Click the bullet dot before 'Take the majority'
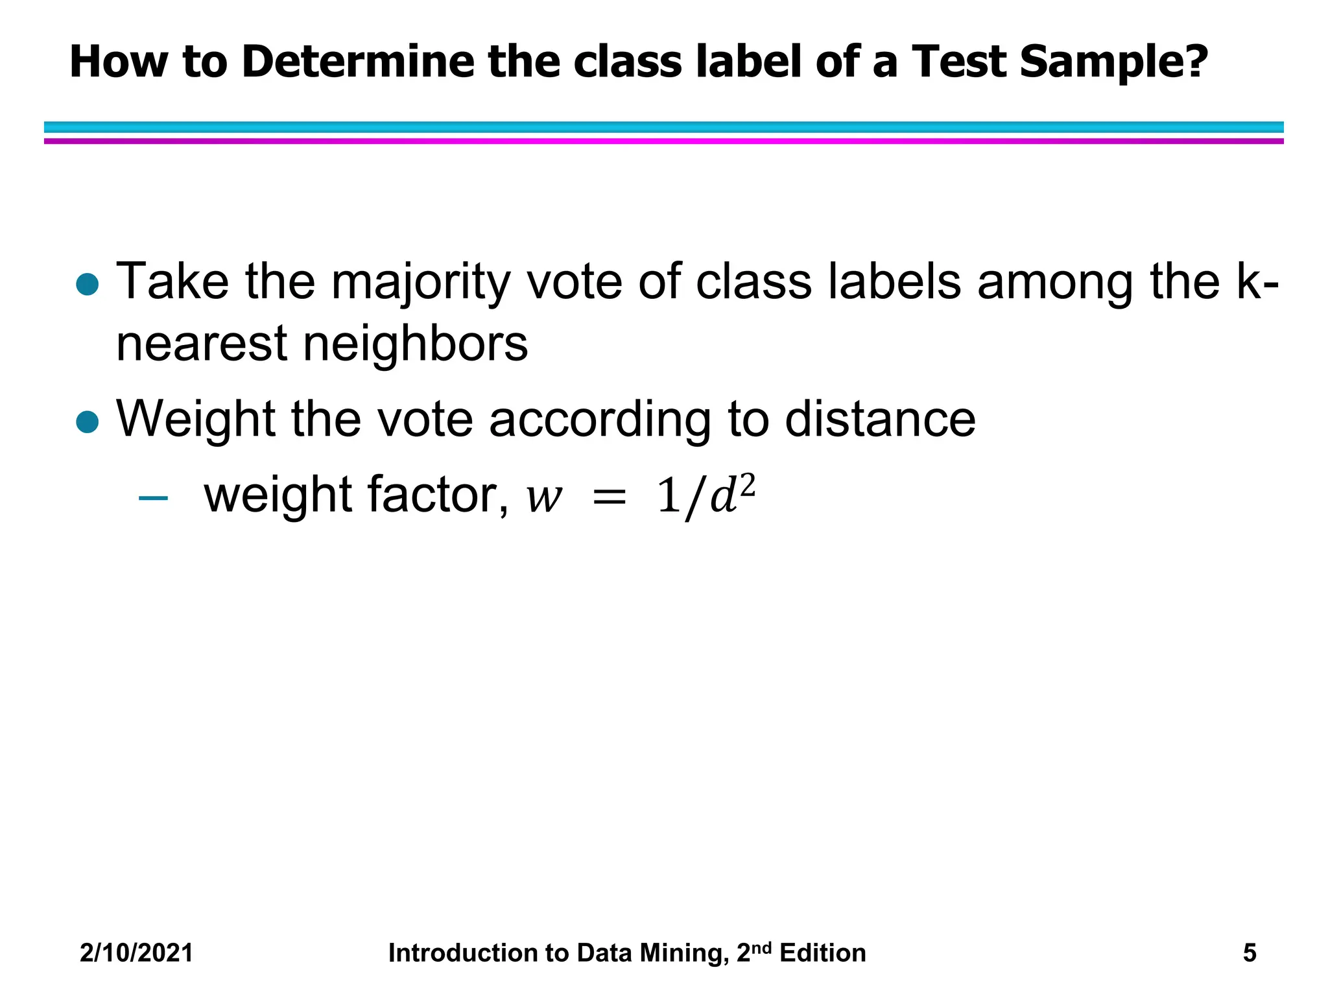(x=87, y=284)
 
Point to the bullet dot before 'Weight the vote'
(x=87, y=421)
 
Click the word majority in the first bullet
(x=421, y=284)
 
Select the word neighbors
(x=416, y=344)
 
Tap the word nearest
(x=202, y=344)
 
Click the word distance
(x=880, y=420)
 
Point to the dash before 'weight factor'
(x=154, y=498)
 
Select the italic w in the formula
(x=543, y=498)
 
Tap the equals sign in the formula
(x=609, y=498)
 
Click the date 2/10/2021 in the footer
(x=137, y=953)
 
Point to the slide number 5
(x=1250, y=953)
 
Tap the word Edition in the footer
(x=823, y=953)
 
